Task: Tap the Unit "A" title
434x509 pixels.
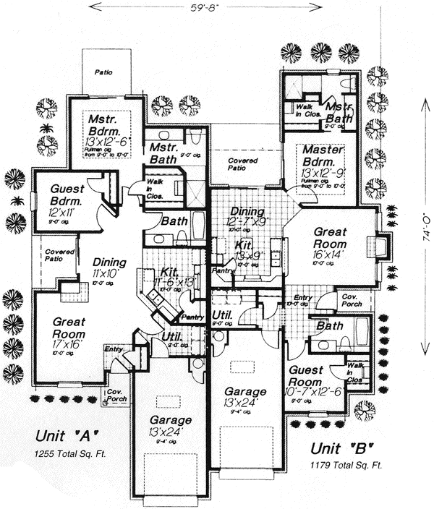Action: [66, 436]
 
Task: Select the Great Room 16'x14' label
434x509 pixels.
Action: [330, 243]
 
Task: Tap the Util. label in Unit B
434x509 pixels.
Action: [221, 317]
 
